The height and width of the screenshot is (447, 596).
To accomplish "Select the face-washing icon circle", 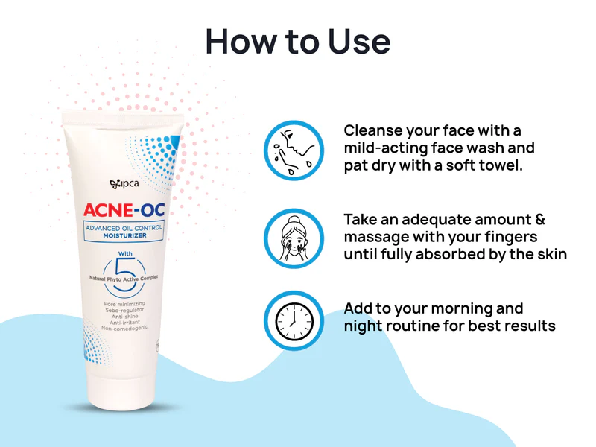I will (294, 150).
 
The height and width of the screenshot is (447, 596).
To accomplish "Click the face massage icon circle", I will (294, 238).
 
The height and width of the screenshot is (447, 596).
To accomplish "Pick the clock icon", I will (294, 320).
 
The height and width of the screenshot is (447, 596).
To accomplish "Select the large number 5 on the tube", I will (124, 263).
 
